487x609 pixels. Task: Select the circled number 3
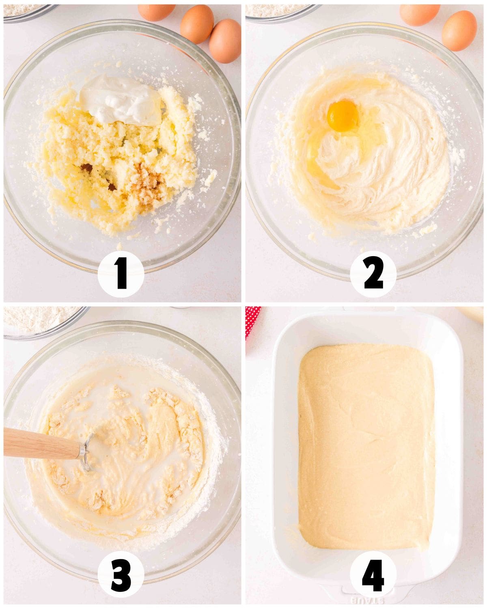(121, 577)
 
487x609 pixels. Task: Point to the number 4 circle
(373, 577)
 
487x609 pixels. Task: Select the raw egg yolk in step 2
(343, 116)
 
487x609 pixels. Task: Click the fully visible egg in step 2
(459, 30)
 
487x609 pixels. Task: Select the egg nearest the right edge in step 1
(225, 41)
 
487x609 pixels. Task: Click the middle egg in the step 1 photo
(197, 24)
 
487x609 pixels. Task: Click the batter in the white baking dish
(365, 447)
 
